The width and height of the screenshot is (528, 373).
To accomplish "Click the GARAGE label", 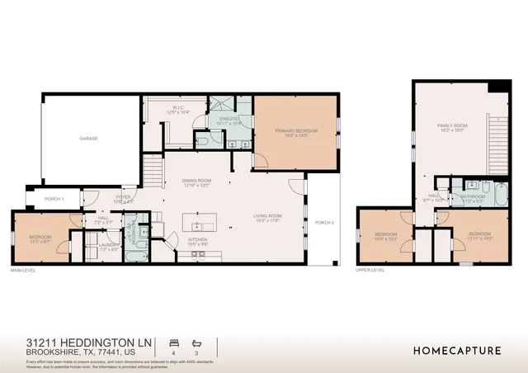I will pyautogui.click(x=89, y=138).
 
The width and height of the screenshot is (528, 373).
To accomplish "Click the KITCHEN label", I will pyautogui.click(x=197, y=242).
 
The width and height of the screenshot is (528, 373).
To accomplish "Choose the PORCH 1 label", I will pyautogui.click(x=54, y=199).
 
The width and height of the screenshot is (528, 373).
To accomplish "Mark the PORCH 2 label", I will pyautogui.click(x=325, y=222).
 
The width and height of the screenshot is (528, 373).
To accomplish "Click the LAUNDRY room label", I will pyautogui.click(x=110, y=245).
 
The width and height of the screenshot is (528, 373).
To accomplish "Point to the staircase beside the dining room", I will pyautogui.click(x=152, y=172).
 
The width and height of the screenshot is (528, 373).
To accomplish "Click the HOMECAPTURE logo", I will pyautogui.click(x=456, y=350).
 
